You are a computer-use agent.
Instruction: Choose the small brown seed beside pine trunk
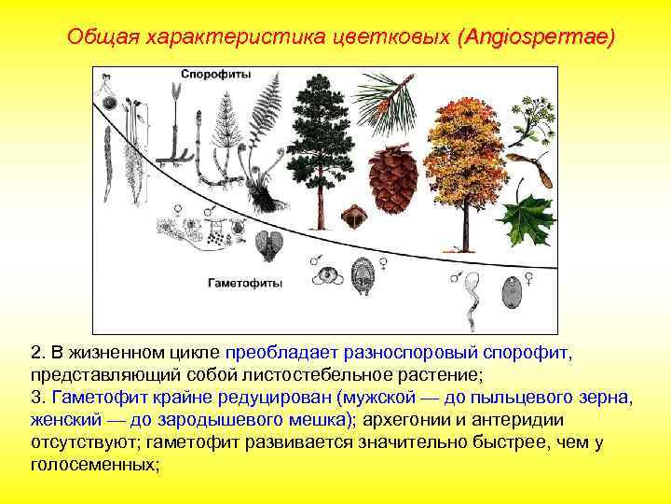point(352,217)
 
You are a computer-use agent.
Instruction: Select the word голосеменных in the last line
point(95,464)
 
